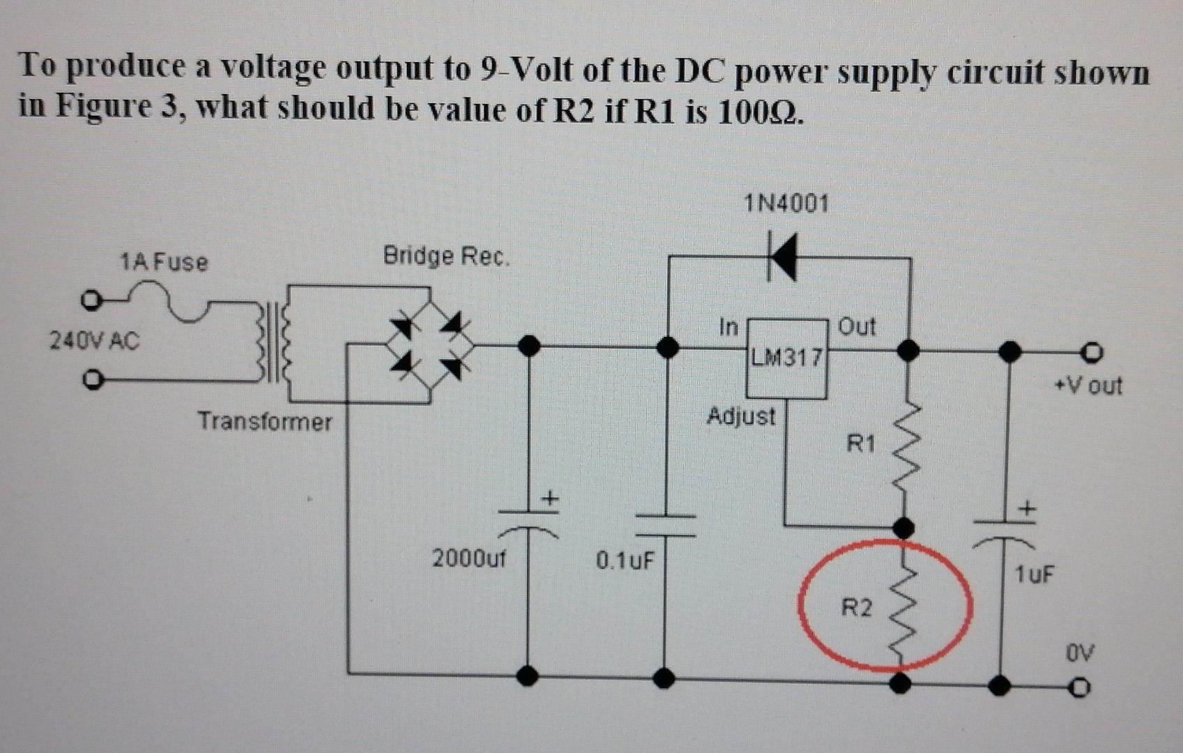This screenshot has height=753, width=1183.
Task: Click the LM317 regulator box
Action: click(786, 358)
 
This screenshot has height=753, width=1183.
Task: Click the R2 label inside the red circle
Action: click(856, 608)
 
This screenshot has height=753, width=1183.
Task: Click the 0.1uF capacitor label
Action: click(625, 560)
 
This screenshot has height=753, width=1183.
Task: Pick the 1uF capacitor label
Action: click(1035, 575)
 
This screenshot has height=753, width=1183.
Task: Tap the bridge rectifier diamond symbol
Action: click(429, 345)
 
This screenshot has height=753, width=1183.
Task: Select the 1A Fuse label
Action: click(164, 262)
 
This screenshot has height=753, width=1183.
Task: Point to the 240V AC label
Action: click(94, 341)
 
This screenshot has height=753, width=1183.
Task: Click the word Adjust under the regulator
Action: click(741, 416)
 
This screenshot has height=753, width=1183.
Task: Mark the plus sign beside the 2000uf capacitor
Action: click(550, 499)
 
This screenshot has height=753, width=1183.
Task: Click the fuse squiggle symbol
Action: click(174, 302)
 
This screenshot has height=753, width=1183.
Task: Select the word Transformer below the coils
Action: click(265, 421)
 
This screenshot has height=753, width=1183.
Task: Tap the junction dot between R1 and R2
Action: click(905, 526)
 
